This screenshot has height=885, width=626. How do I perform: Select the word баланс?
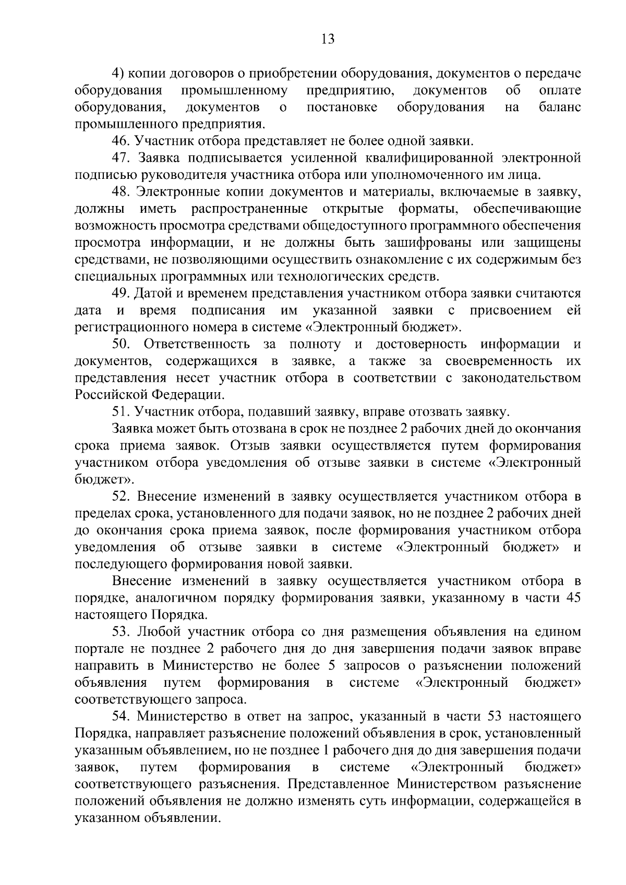click(559, 107)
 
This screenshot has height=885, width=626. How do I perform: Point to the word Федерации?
click(188, 395)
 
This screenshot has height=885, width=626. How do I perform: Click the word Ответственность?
click(195, 344)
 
